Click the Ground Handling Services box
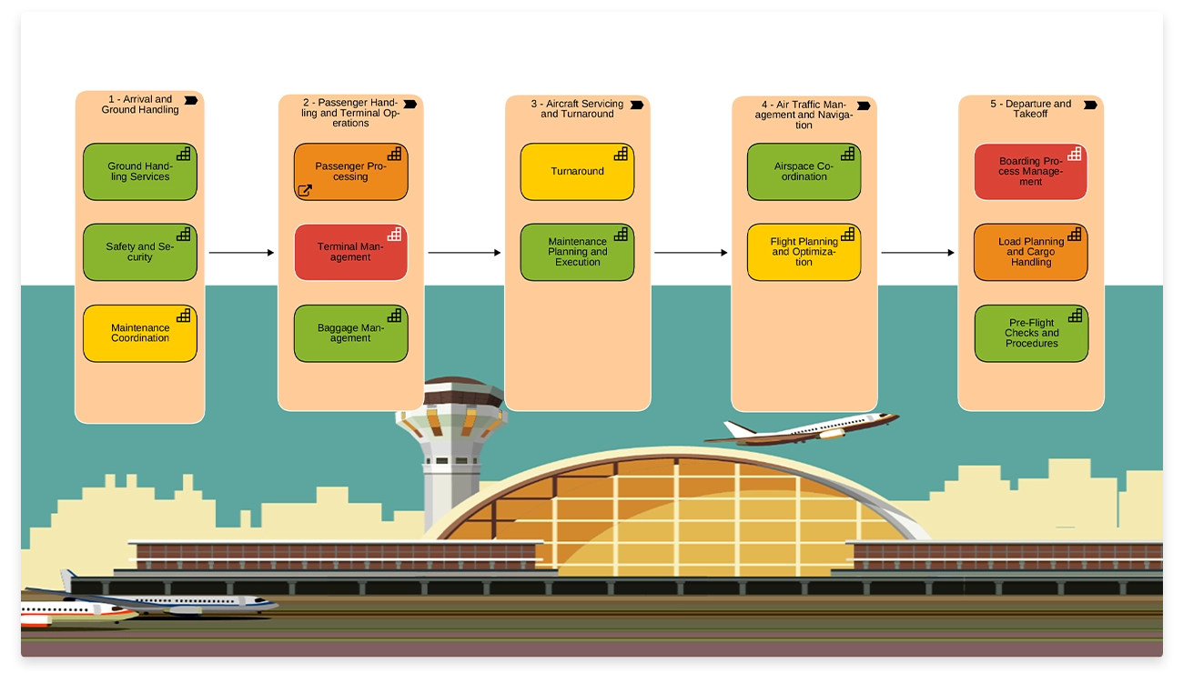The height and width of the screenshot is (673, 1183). click(x=139, y=172)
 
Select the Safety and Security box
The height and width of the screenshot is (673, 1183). click(x=139, y=252)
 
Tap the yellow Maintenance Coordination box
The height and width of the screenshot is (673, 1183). click(x=139, y=333)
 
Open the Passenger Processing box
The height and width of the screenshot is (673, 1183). click(x=350, y=171)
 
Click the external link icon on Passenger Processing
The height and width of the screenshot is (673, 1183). click(x=305, y=191)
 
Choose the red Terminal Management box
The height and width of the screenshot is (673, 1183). click(x=350, y=252)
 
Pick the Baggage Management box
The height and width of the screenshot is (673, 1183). click(x=350, y=333)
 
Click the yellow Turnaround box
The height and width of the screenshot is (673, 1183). click(x=577, y=171)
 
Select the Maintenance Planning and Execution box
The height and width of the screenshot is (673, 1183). click(x=577, y=252)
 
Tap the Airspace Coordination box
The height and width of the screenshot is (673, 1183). click(x=804, y=171)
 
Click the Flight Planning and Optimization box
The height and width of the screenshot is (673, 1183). click(x=804, y=252)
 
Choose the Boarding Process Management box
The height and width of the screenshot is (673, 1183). click(x=1030, y=171)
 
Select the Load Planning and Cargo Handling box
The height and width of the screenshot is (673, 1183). click(x=1030, y=252)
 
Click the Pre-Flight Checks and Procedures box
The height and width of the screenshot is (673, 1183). click(x=1031, y=333)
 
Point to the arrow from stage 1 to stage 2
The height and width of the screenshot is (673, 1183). click(x=241, y=253)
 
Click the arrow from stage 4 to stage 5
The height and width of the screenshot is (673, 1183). click(x=917, y=253)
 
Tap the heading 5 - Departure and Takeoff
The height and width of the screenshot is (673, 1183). click(x=1030, y=108)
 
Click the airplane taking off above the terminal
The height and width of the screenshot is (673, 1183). click(x=805, y=427)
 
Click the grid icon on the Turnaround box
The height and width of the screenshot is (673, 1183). click(x=621, y=154)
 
